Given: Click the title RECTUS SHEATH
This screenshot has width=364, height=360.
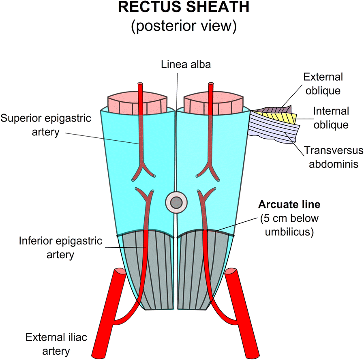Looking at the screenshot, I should [182, 9].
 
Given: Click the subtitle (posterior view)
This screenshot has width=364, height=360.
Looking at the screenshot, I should [182, 27].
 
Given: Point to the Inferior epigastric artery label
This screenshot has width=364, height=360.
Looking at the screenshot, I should [47, 248].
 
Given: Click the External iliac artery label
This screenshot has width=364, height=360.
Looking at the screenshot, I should [52, 343].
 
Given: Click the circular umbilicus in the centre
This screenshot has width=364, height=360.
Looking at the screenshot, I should [176, 202].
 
